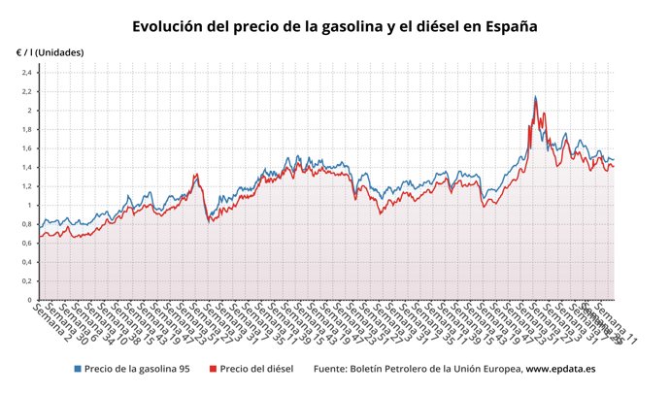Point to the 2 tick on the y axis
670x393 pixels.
point(29,111)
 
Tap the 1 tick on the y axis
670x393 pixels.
point(29,206)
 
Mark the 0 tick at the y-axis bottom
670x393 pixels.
point(29,300)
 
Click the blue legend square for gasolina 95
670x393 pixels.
point(78,369)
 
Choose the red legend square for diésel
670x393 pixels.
point(212,369)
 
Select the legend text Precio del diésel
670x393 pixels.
point(255,369)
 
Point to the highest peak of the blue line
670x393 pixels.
point(535,96)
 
